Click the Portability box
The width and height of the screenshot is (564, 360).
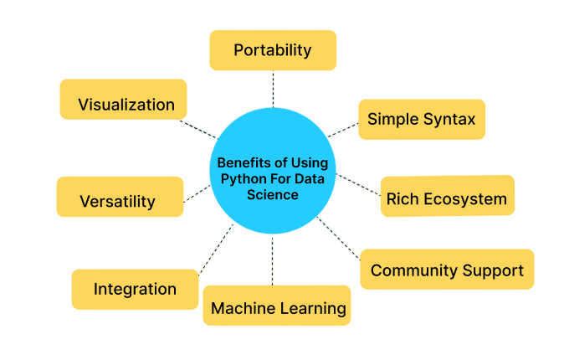click(273, 50)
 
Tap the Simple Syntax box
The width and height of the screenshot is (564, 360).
click(421, 119)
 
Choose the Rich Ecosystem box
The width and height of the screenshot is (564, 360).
click(447, 198)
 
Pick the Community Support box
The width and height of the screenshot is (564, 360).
click(447, 270)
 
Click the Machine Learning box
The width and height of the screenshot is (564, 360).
click(277, 306)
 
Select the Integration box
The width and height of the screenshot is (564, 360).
click(135, 289)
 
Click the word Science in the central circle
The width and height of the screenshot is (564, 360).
click(273, 194)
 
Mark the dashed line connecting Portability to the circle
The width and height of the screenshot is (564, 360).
click(273, 88)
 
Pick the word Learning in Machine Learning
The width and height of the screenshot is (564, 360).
click(315, 308)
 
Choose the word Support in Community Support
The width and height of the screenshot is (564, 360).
click(495, 270)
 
